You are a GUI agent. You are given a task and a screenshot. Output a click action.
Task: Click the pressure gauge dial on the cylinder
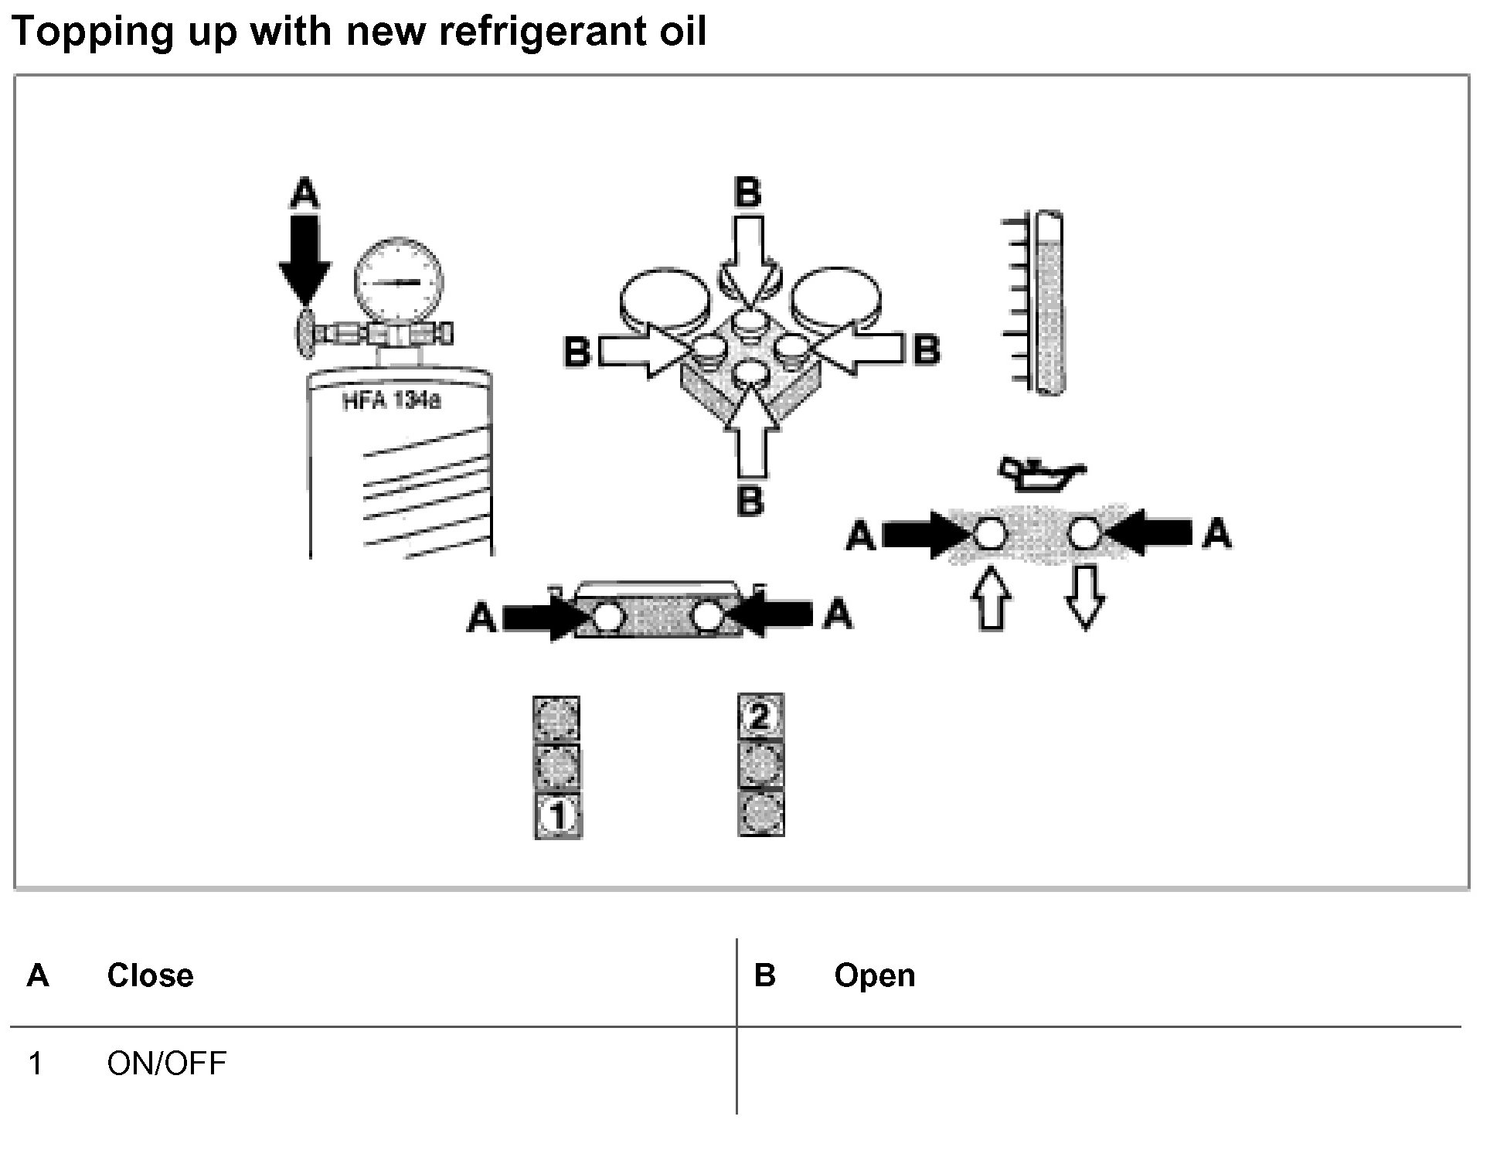click(399, 283)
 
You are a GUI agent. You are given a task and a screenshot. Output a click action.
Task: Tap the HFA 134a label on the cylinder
click(392, 402)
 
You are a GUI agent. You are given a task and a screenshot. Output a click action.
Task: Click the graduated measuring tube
click(1048, 303)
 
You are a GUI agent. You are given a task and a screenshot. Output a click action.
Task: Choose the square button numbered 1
click(558, 815)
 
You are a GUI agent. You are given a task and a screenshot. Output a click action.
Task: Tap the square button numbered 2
click(760, 716)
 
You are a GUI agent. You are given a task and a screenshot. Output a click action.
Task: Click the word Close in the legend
click(150, 975)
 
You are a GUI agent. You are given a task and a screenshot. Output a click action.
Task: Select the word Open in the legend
click(874, 975)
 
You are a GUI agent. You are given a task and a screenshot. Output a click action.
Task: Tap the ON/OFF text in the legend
click(167, 1064)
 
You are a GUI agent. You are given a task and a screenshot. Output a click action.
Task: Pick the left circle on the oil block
click(990, 533)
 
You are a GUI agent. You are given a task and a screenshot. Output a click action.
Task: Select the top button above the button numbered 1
click(556, 718)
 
